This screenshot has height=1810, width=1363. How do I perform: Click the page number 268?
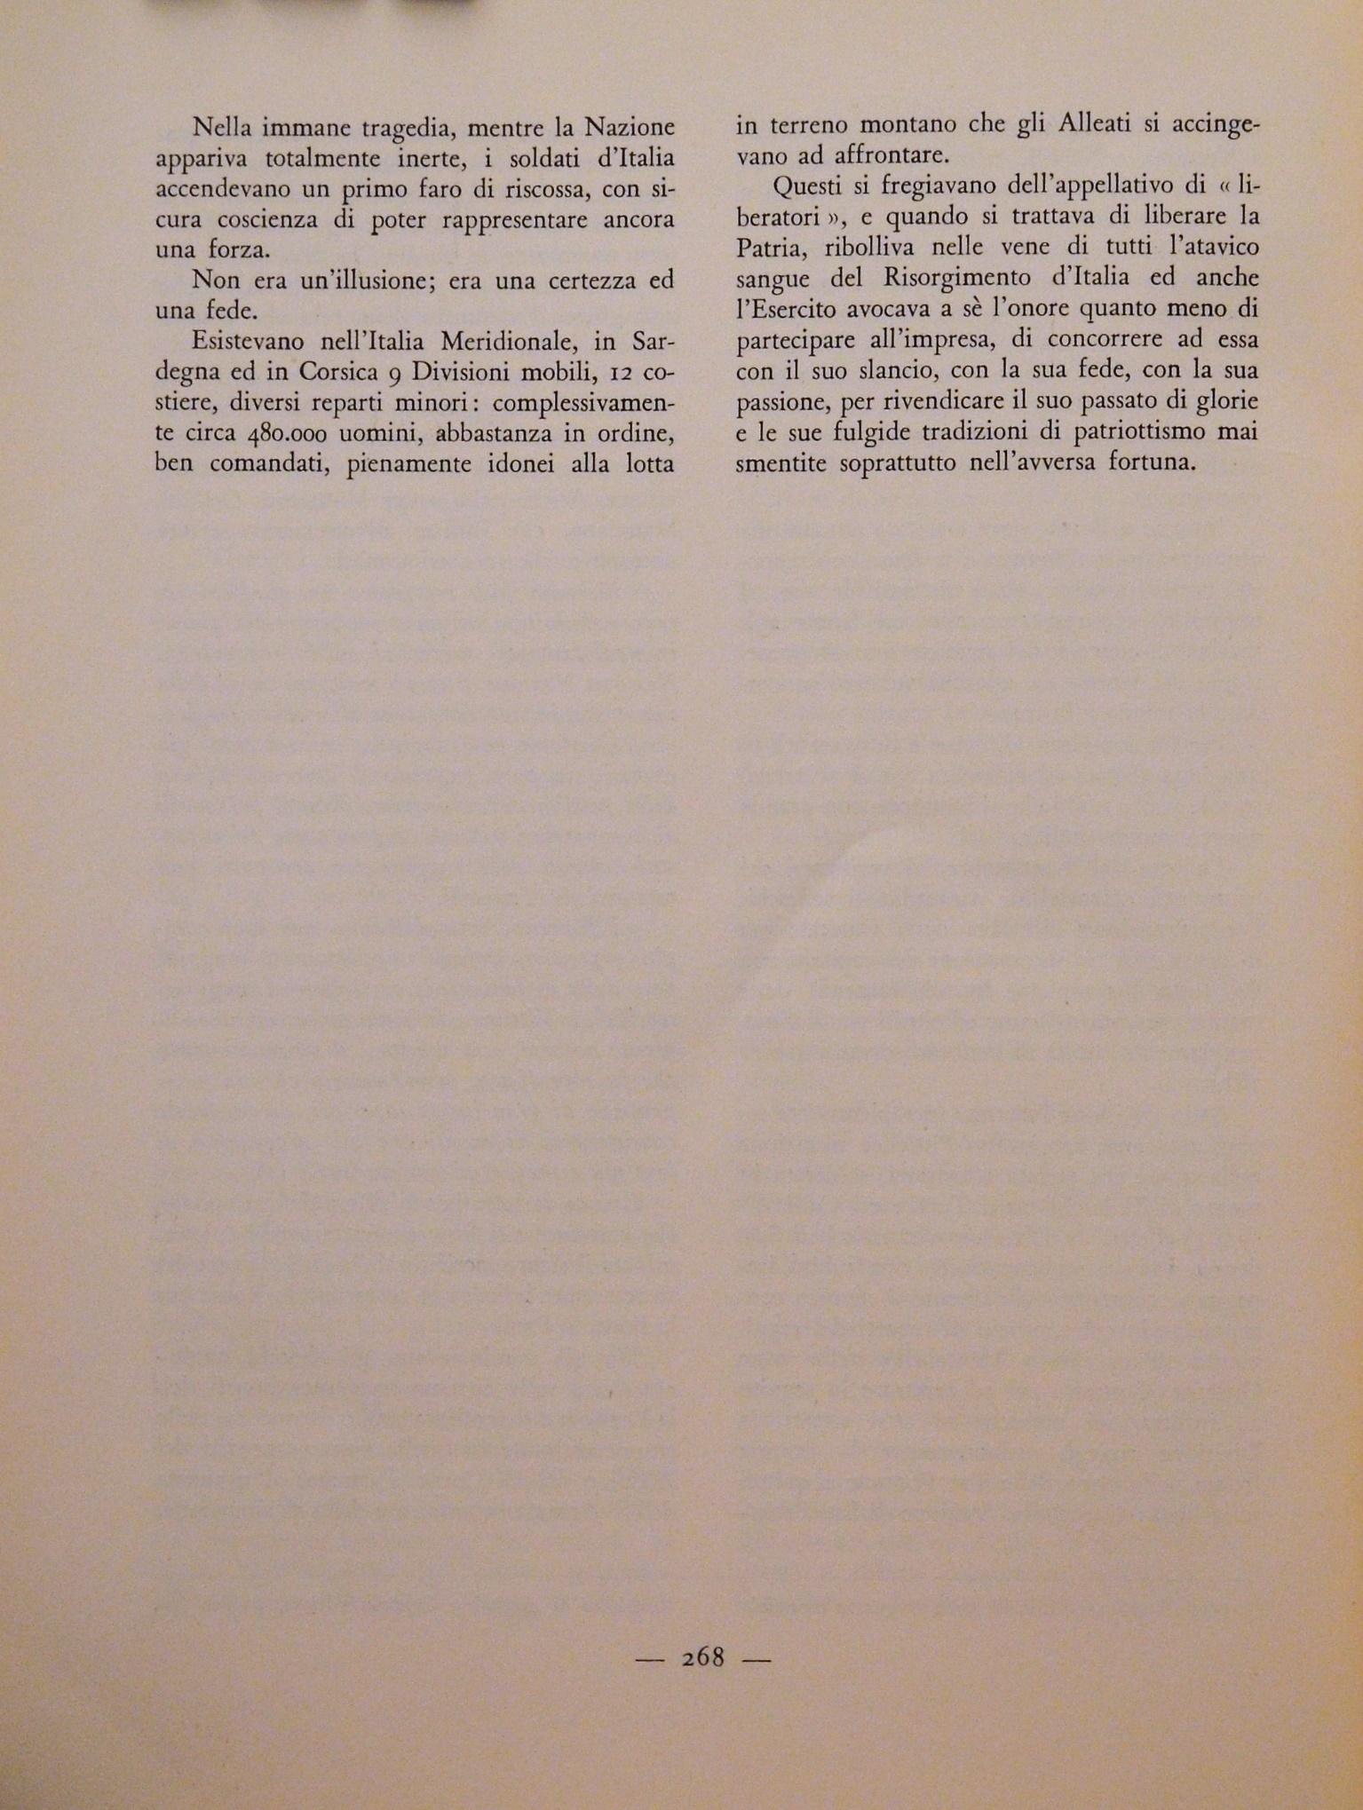point(703,1656)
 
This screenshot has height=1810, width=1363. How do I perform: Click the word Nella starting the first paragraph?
point(222,127)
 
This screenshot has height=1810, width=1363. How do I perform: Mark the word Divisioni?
point(463,373)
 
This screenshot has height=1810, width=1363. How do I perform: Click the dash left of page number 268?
point(651,1658)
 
